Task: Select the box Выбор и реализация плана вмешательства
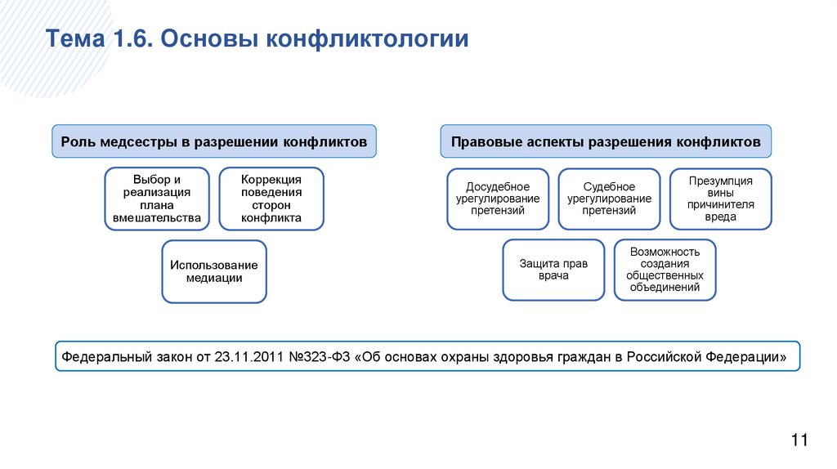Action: pos(157,199)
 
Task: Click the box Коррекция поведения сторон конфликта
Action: pos(271,199)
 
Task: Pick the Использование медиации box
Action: pos(214,271)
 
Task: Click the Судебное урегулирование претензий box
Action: pos(609,199)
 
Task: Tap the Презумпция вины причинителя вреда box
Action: pos(720,199)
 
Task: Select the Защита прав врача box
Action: pos(553,270)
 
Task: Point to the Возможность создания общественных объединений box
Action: pos(665,270)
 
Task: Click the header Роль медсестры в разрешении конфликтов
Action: pos(215,141)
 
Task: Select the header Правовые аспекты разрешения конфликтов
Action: pos(606,141)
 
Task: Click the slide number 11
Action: pos(799,440)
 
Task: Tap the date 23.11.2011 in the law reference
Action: pos(244,357)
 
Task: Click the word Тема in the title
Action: pos(71,40)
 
